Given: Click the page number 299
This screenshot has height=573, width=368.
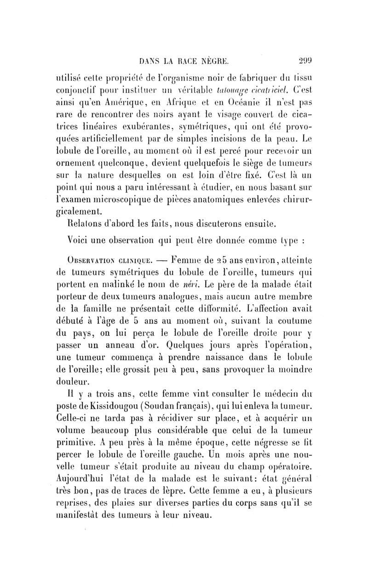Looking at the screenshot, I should point(292,59).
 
